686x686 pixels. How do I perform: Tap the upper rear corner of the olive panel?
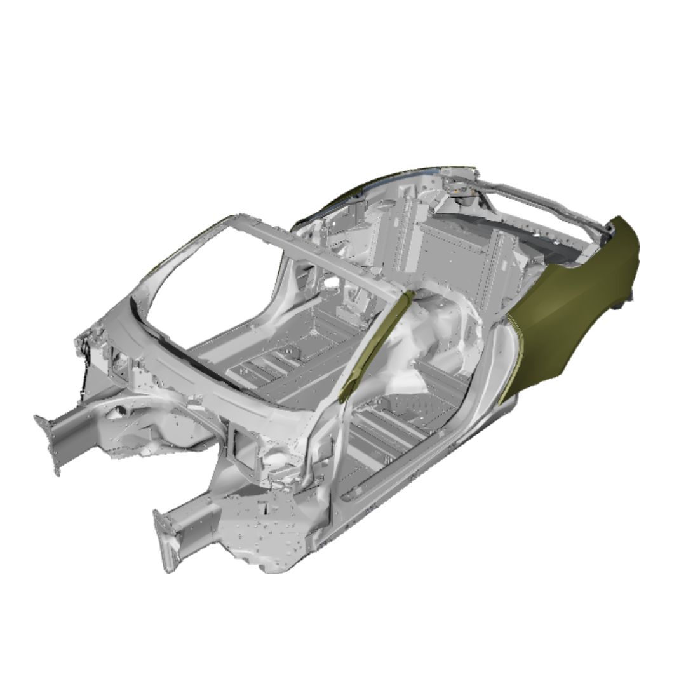[x=619, y=225]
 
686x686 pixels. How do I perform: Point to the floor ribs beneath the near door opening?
[x=387, y=432]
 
